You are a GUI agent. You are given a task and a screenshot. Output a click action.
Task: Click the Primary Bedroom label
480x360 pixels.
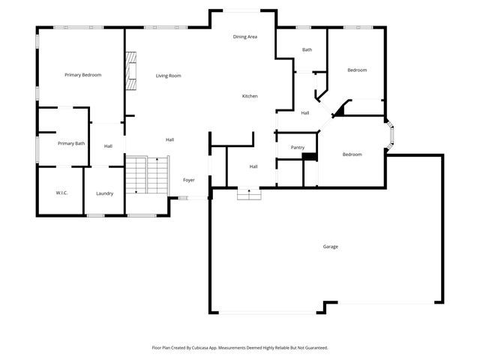pyautogui.click(x=82, y=75)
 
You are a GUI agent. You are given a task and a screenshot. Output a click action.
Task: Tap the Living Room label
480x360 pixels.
pyautogui.click(x=168, y=76)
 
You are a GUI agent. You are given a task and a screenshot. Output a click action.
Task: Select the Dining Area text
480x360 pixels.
pyautogui.click(x=245, y=37)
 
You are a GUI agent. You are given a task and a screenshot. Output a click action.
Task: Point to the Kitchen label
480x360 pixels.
pyautogui.click(x=250, y=96)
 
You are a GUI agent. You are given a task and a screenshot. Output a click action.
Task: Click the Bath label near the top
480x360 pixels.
pyautogui.click(x=307, y=50)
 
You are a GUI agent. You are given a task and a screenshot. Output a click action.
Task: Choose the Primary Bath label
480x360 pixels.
pyautogui.click(x=71, y=143)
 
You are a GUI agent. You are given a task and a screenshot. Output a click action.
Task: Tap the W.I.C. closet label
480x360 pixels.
pyautogui.click(x=61, y=193)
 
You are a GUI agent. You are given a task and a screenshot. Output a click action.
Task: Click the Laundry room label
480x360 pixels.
pyautogui.click(x=104, y=193)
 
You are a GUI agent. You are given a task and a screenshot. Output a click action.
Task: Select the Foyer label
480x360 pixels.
pyautogui.click(x=189, y=181)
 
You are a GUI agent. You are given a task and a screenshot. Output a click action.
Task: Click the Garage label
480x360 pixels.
pyautogui.click(x=330, y=247)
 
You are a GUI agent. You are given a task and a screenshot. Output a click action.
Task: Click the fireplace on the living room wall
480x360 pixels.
pyautogui.click(x=132, y=71)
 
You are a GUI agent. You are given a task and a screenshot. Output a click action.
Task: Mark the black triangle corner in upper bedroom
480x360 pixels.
pyautogui.click(x=339, y=110)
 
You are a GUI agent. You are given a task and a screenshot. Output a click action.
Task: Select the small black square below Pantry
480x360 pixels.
pyautogui.click(x=307, y=157)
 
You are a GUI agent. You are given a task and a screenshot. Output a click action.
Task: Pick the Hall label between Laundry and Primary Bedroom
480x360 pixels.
pyautogui.click(x=108, y=146)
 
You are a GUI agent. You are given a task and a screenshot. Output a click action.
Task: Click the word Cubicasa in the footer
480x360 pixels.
pyautogui.click(x=205, y=348)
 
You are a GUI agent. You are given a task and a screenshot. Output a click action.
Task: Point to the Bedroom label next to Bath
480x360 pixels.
pyautogui.click(x=357, y=70)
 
